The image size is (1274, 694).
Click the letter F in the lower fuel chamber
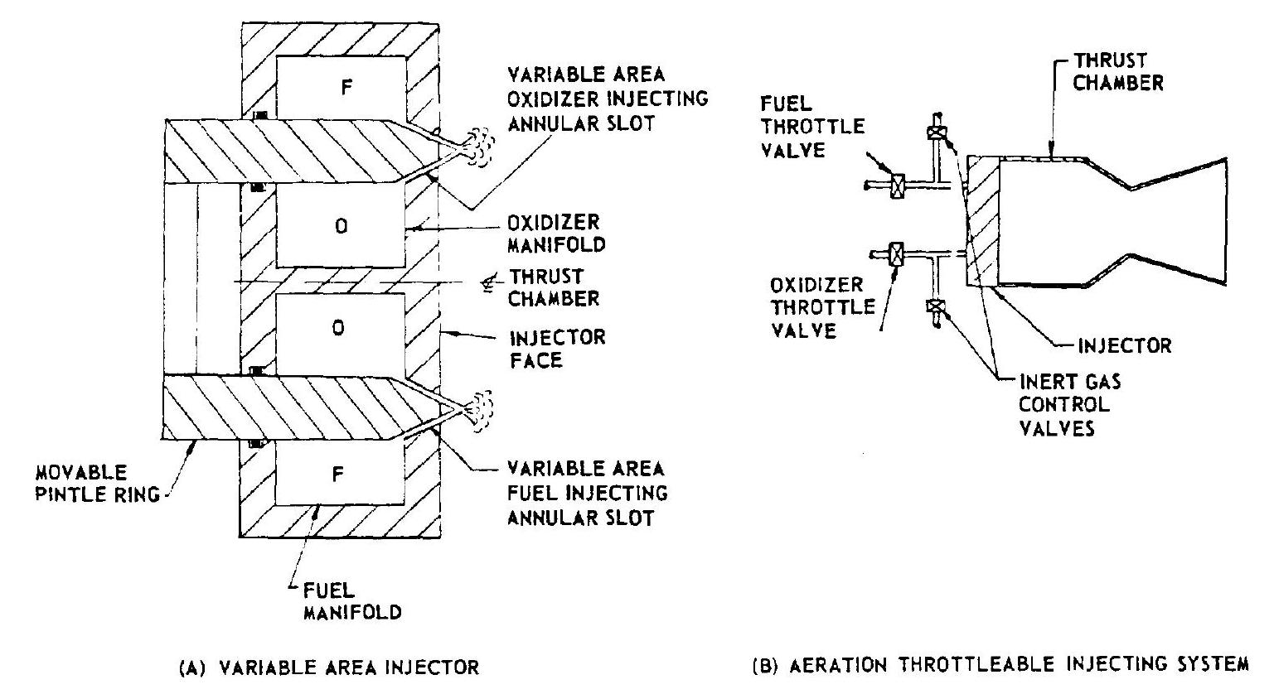click(346, 473)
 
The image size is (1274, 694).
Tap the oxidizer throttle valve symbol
click(897, 253)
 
